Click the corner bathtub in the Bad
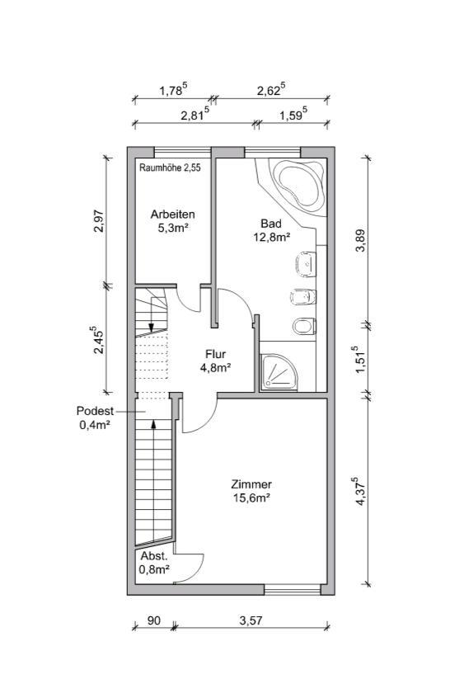(x=299, y=184)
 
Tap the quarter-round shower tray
(x=279, y=370)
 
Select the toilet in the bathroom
(x=304, y=326)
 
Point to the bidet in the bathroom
(x=303, y=297)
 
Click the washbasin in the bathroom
(x=306, y=264)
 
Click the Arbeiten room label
(x=172, y=214)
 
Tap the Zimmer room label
(x=251, y=484)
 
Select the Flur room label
(x=215, y=354)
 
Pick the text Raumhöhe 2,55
(x=170, y=168)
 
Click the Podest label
(x=95, y=411)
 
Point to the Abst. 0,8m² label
(x=154, y=563)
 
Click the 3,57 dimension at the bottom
(x=251, y=620)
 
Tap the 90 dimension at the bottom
(x=153, y=620)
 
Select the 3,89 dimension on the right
(x=361, y=240)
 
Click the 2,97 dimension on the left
(x=99, y=221)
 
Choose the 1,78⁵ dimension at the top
(x=173, y=90)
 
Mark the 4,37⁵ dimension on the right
(x=360, y=491)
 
